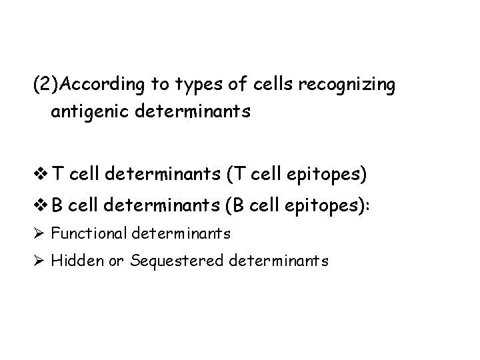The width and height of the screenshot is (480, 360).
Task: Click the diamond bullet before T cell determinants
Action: click(x=39, y=175)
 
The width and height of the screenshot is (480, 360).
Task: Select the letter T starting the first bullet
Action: click(x=57, y=175)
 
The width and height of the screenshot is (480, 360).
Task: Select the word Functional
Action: click(x=89, y=233)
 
